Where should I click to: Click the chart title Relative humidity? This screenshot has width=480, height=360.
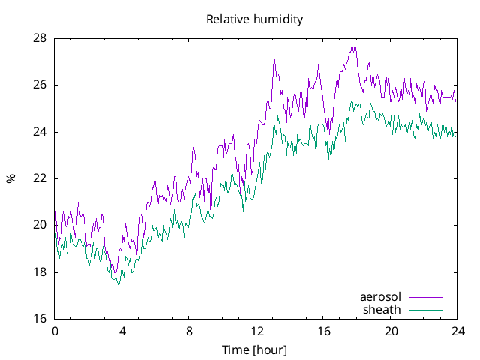pyautogui.click(x=255, y=19)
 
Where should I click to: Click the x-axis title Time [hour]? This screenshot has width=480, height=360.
pyautogui.click(x=255, y=350)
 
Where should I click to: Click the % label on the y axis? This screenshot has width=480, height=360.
pyautogui.click(x=10, y=178)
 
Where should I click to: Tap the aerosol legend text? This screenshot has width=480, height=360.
pyautogui.click(x=381, y=297)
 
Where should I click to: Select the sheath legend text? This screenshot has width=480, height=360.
pyautogui.click(x=382, y=309)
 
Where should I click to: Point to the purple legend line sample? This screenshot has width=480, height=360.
pyautogui.click(x=425, y=298)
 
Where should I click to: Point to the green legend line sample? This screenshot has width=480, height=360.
pyautogui.click(x=425, y=310)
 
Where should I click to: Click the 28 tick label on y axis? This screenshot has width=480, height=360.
pyautogui.click(x=40, y=38)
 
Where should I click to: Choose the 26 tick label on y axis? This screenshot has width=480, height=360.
pyautogui.click(x=40, y=85)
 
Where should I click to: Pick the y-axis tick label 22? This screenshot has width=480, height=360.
pyautogui.click(x=40, y=178)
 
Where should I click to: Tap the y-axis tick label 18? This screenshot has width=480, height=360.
pyautogui.click(x=40, y=272)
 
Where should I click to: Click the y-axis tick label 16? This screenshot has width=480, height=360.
pyautogui.click(x=40, y=319)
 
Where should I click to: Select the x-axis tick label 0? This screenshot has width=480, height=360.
pyautogui.click(x=55, y=331)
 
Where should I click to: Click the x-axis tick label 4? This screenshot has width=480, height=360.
pyautogui.click(x=121, y=331)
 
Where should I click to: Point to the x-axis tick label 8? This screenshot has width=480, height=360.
pyautogui.click(x=189, y=331)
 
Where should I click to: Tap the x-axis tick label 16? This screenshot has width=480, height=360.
pyautogui.click(x=323, y=331)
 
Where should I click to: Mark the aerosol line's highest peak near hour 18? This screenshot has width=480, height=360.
pyautogui.click(x=353, y=46)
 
